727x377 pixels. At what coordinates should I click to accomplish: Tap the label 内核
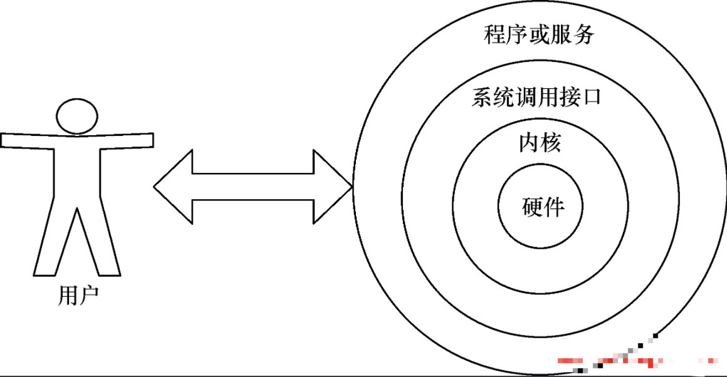coord(539,143)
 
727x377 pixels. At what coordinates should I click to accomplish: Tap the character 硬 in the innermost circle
coord(531,207)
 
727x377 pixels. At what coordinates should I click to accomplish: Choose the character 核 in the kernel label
coord(550,143)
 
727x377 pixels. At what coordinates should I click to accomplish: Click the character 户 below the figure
coord(88,295)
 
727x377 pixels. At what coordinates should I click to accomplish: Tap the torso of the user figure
coord(77,169)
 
